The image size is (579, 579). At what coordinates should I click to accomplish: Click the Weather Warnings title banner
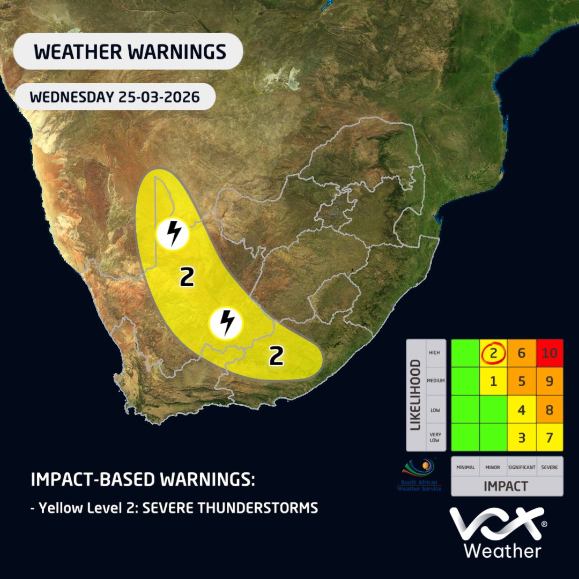pyautogui.click(x=129, y=51)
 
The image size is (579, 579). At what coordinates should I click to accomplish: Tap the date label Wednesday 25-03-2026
pyautogui.click(x=115, y=98)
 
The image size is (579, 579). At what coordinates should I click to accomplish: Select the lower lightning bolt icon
pyautogui.click(x=226, y=323)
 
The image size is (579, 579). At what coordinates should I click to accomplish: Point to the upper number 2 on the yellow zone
pyautogui.click(x=187, y=278)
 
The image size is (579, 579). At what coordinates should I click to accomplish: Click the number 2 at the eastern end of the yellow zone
pyautogui.click(x=276, y=356)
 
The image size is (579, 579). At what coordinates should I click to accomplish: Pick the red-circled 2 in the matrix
pyautogui.click(x=493, y=353)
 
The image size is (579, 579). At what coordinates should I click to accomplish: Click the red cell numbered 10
pyautogui.click(x=548, y=353)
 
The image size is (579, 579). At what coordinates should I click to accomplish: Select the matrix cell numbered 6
pyautogui.click(x=521, y=353)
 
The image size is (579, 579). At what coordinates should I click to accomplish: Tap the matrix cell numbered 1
pyautogui.click(x=493, y=382)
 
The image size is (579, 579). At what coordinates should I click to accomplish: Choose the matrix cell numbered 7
pyautogui.click(x=548, y=437)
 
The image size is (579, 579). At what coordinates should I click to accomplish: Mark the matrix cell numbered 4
pyautogui.click(x=521, y=410)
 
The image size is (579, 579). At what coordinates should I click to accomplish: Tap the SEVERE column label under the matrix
pyautogui.click(x=548, y=467)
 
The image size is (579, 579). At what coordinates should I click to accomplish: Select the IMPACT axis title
pyautogui.click(x=507, y=486)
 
